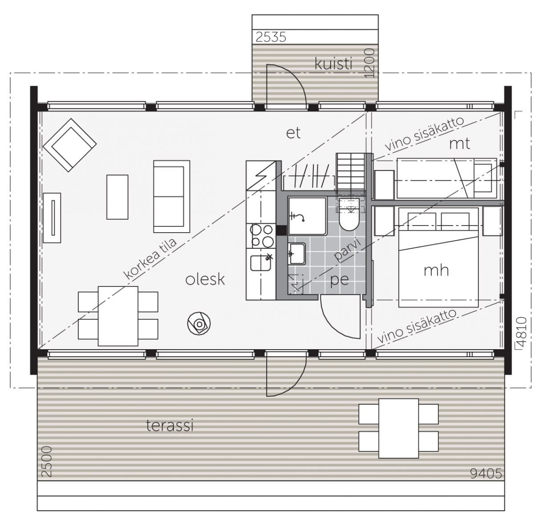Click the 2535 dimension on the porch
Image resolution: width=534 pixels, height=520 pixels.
271,37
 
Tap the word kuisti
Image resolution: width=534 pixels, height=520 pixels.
333,64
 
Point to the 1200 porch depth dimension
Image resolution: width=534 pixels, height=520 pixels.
370,63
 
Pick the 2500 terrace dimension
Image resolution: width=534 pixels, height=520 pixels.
46,462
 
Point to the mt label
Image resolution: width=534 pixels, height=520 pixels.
459,144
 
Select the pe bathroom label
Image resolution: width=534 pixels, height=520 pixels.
340,280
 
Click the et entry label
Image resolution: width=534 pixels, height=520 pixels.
293,133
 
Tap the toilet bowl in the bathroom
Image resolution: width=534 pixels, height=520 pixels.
349,222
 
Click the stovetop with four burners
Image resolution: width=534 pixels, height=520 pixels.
261,236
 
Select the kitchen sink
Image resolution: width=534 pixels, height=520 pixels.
260,263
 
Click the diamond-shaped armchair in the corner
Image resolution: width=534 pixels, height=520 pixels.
70,145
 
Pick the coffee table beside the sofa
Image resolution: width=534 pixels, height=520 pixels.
117,197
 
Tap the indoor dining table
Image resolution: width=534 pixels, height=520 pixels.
118,316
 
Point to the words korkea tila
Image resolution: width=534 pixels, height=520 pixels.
150,259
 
